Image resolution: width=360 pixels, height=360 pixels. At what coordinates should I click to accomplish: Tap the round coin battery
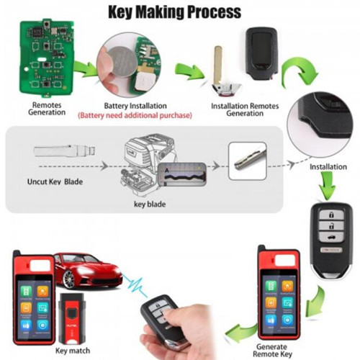point(122,63)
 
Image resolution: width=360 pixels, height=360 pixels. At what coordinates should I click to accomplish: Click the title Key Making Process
point(174,12)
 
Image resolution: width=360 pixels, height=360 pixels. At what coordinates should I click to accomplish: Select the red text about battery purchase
point(135,115)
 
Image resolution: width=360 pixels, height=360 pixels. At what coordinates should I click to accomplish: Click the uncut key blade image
point(64,150)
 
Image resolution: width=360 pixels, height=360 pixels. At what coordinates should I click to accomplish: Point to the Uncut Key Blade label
point(55,181)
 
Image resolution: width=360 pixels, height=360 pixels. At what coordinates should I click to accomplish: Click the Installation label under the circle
point(328,167)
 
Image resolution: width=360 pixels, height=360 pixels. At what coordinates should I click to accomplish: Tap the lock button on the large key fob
point(331,214)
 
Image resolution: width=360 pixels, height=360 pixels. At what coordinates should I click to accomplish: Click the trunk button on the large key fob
point(331,236)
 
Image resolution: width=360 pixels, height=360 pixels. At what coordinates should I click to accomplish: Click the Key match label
point(73,351)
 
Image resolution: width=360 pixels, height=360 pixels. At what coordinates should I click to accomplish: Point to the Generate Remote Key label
point(272,351)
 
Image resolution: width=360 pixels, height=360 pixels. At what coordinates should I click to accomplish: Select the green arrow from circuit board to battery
point(86,69)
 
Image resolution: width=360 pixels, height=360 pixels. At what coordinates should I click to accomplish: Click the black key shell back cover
point(261,51)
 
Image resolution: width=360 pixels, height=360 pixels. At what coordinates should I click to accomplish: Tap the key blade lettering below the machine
point(150,204)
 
